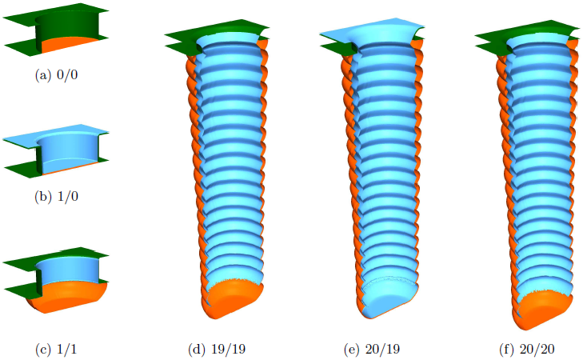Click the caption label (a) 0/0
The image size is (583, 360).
pos(56,75)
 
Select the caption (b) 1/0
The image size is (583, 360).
pos(56,196)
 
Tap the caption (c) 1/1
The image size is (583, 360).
pos(56,350)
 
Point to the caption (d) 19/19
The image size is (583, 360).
pos(217,350)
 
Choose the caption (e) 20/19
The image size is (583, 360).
pos(372,350)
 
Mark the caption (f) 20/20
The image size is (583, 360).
pos(527,350)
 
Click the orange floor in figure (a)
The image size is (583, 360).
pos(69,45)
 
